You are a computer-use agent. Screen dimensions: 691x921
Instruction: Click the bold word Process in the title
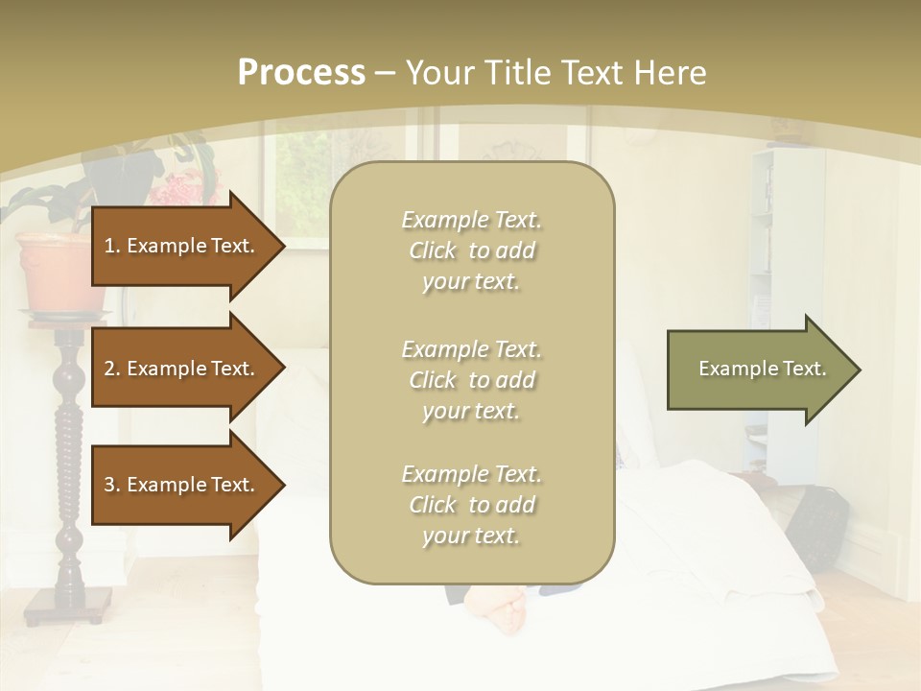coord(301,73)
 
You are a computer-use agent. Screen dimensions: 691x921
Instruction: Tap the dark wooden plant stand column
coord(70,461)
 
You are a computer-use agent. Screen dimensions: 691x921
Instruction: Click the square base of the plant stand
coord(69,605)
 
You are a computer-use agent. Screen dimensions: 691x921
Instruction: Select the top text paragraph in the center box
coord(471,250)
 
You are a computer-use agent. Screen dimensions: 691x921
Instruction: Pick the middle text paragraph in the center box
coord(471,379)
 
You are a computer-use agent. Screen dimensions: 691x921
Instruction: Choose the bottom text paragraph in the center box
coord(471,505)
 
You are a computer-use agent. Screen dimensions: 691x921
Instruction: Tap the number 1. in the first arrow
coord(111,246)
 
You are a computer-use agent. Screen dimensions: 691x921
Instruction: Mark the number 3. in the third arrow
coord(111,485)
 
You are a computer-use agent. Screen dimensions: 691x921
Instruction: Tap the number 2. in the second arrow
coord(111,369)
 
